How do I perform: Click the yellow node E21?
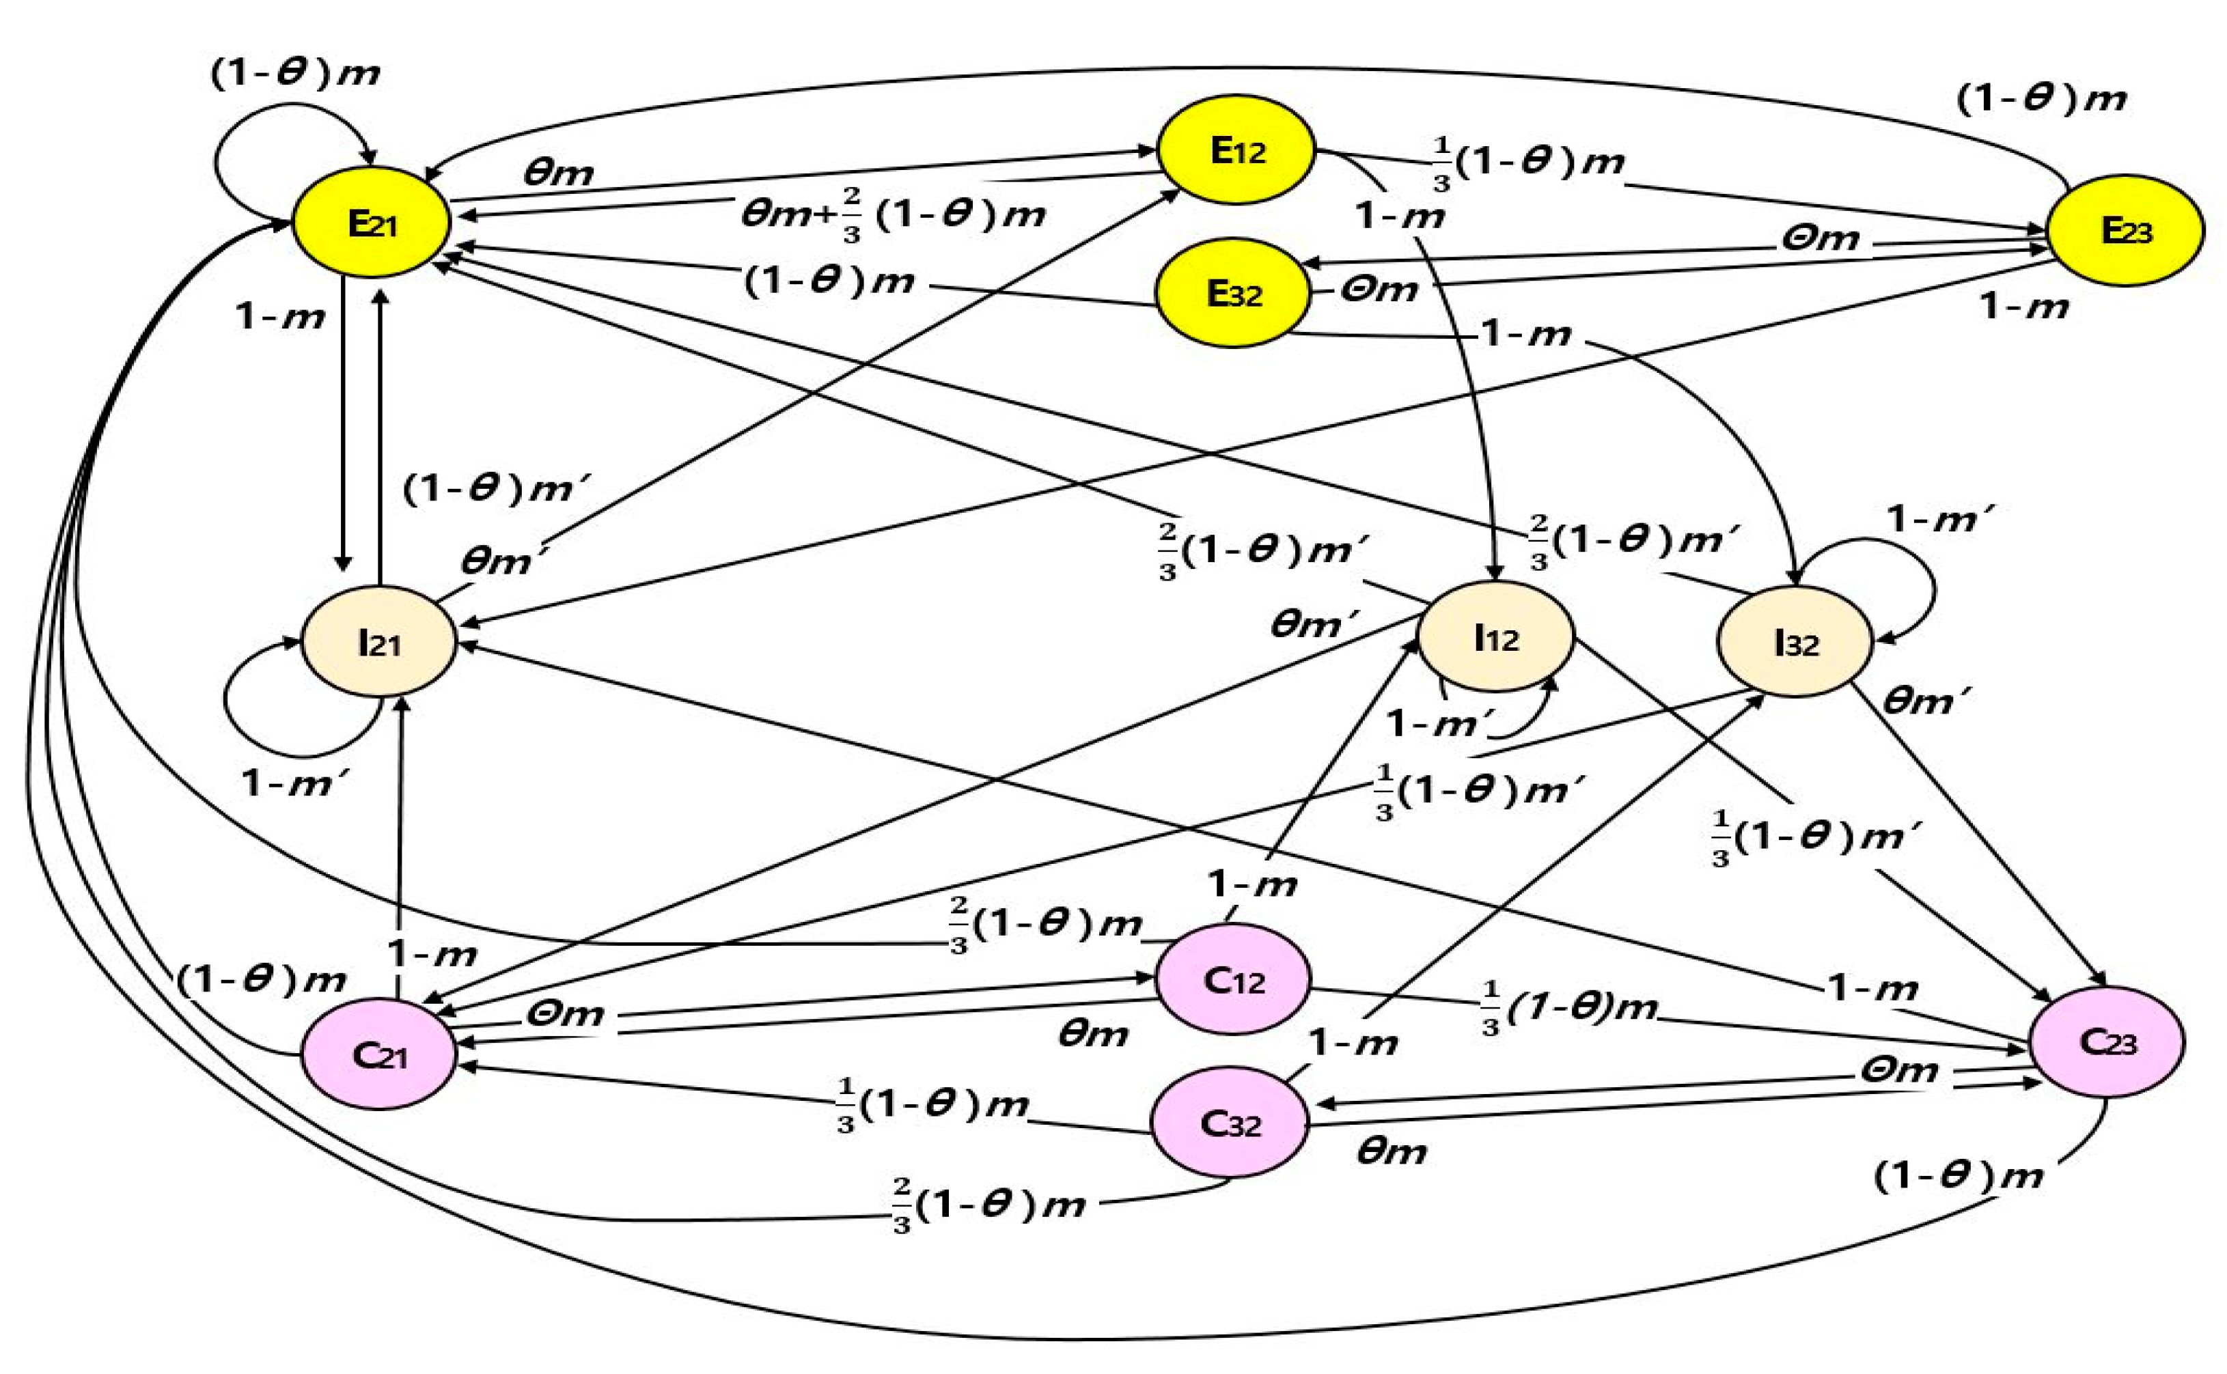371,223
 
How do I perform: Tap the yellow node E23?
2125,231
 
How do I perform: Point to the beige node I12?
1495,638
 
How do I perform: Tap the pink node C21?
378,1055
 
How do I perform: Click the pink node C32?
1230,1124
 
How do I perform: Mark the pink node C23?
2107,1041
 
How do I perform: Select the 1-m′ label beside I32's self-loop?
1940,520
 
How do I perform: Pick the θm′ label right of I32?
1925,701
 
